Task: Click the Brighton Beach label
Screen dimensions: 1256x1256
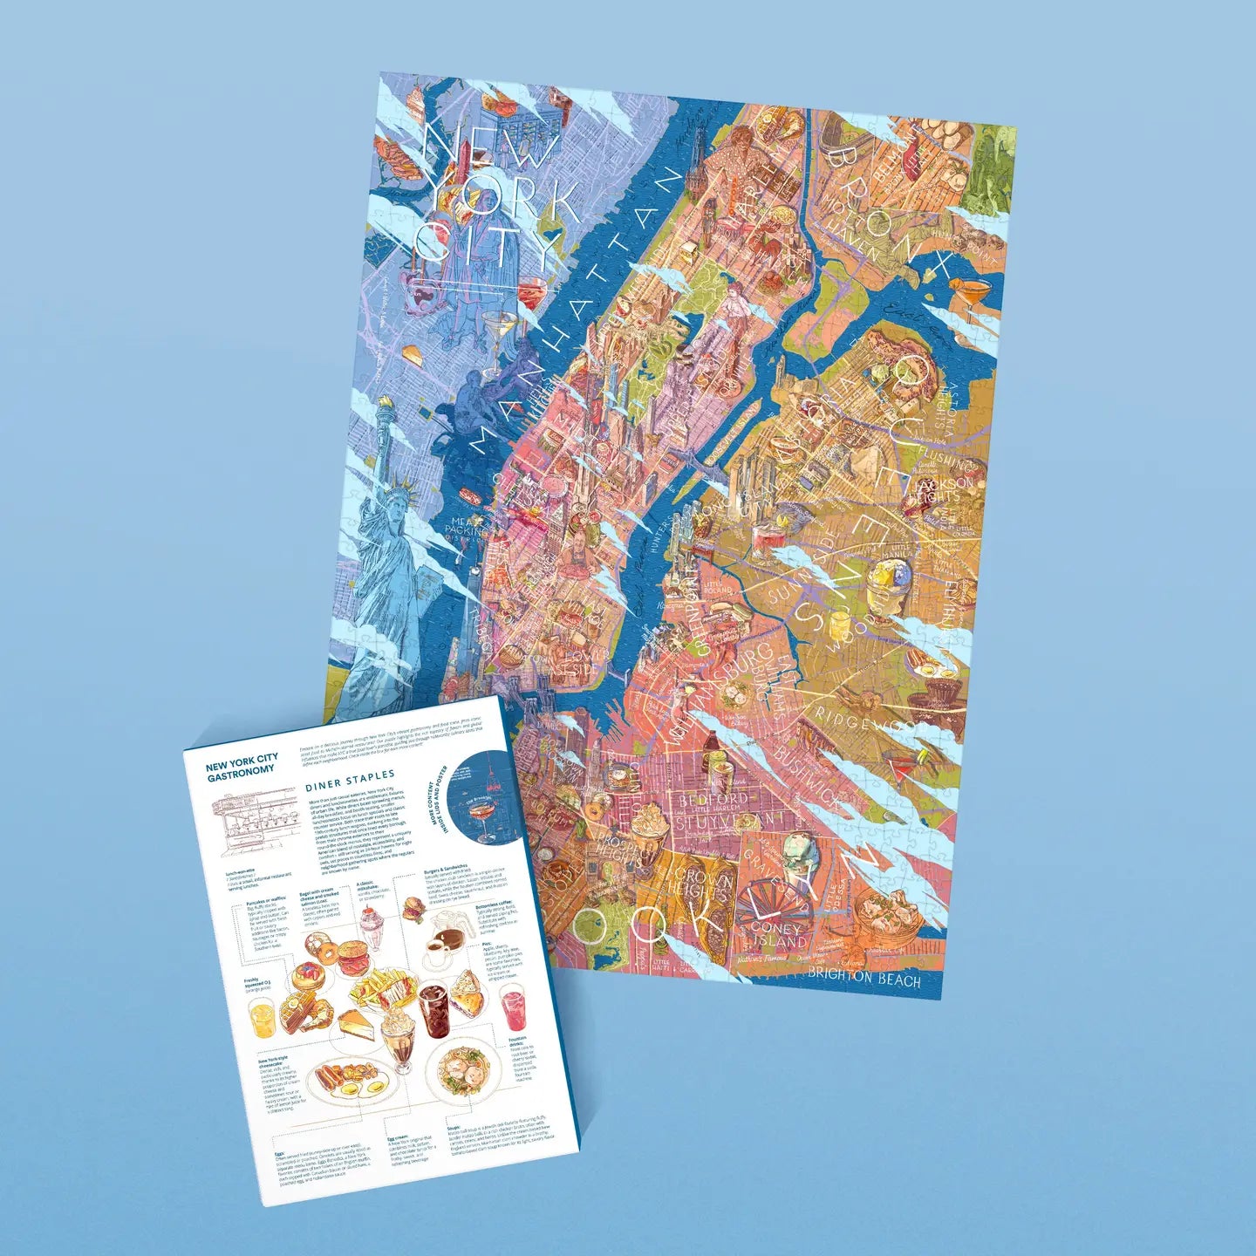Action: click(863, 978)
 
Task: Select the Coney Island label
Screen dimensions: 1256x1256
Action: click(778, 936)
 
